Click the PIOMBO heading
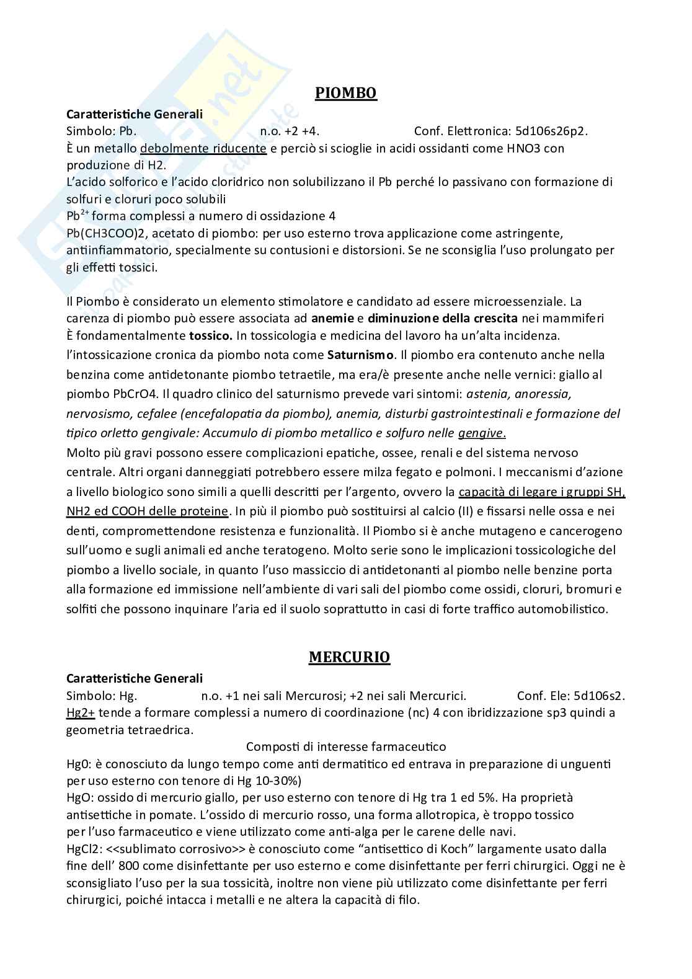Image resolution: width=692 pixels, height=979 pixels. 345,93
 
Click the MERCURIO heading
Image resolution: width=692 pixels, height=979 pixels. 349,657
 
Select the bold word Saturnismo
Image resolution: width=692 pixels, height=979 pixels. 360,355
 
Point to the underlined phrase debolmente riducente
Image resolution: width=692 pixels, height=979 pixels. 203,149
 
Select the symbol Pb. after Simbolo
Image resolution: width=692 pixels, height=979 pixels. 124,131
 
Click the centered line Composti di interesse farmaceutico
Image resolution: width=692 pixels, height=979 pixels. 346,746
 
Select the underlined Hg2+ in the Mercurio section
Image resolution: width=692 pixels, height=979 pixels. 80,712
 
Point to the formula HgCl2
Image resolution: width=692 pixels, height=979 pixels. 82,848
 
